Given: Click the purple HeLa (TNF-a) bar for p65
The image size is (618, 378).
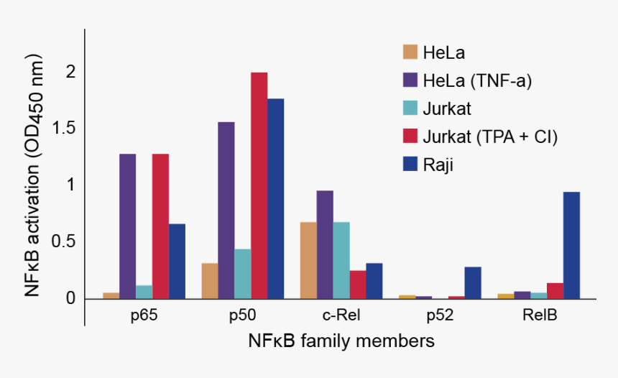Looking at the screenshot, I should point(127,226).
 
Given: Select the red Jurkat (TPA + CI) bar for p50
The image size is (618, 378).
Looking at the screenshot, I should point(259,185).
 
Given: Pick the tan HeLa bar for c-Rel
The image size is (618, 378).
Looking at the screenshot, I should point(308,260).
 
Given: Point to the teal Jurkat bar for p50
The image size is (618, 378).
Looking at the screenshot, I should point(242,274).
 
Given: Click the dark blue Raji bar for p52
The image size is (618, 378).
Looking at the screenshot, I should point(473,282).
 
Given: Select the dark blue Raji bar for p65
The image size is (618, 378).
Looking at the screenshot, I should point(177,261).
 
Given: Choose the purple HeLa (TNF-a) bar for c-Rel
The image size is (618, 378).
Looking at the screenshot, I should point(325,244).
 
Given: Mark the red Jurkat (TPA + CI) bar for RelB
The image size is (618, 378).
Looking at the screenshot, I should point(555,290).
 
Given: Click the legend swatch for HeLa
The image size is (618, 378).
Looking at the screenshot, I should point(410,52).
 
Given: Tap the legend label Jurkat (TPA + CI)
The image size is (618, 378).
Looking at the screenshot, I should point(490,137).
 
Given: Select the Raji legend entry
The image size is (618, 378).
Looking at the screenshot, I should point(438,165).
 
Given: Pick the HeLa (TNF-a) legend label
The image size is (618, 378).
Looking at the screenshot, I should point(477,80).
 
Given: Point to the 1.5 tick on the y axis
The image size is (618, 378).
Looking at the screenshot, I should point(64,129).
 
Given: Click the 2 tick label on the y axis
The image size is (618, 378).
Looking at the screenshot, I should point(70,72).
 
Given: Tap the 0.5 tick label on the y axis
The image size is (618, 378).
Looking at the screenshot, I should point(64,241).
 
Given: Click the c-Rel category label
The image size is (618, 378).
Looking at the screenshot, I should point(341,315).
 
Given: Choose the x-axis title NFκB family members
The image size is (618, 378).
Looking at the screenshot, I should point(341,341).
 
